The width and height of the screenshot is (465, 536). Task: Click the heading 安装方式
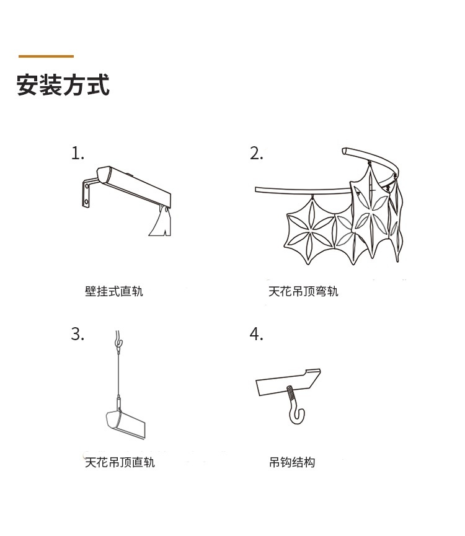click(63, 85)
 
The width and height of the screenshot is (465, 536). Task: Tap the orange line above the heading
click(46, 56)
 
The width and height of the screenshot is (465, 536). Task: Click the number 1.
click(77, 153)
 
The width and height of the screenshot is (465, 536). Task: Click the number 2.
click(256, 153)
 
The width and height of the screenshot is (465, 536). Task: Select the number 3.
click(77, 334)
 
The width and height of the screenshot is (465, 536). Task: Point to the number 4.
click(256, 334)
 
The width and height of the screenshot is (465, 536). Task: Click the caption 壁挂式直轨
click(114, 291)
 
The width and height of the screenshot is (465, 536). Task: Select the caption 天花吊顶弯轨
click(303, 291)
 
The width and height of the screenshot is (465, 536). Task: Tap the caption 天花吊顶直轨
click(120, 462)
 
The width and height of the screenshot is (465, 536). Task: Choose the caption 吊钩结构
click(292, 462)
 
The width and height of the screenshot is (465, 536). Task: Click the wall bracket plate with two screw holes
click(86, 194)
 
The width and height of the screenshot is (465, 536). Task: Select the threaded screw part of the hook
click(290, 393)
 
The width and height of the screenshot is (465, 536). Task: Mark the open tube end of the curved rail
click(345, 151)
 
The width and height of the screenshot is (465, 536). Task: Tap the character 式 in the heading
click(98, 85)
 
